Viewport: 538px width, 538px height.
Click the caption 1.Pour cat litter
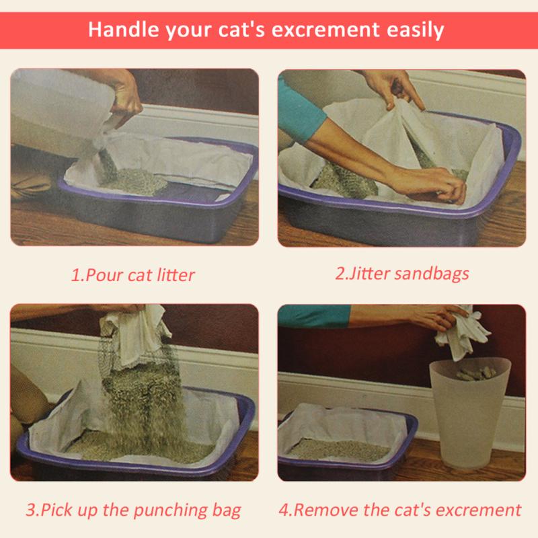[x=133, y=275]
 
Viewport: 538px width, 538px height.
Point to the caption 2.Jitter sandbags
[x=401, y=274]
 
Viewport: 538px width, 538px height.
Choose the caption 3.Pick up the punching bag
[x=133, y=509]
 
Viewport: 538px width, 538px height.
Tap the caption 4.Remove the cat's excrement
[x=400, y=509]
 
